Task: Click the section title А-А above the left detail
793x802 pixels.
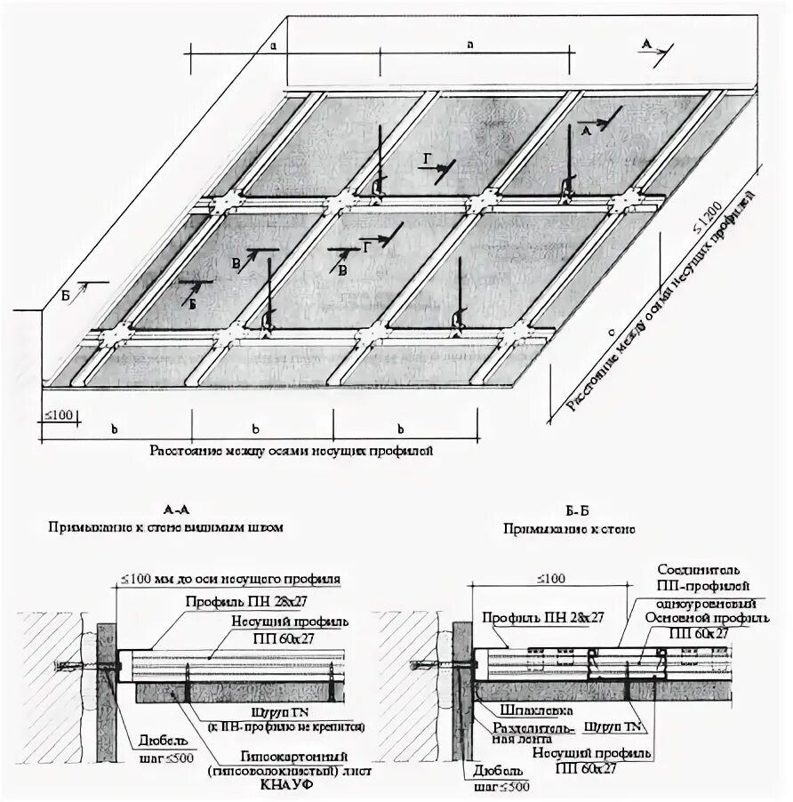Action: [176, 511]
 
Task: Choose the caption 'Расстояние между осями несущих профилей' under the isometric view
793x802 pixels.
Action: [291, 452]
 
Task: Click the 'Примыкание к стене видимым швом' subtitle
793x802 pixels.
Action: [166, 527]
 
